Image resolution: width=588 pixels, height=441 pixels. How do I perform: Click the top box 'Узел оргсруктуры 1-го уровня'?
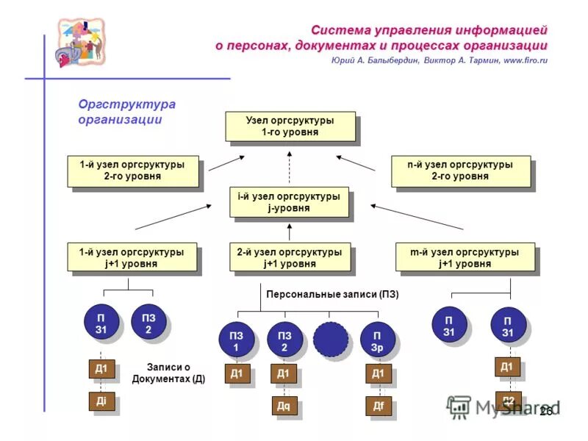290,126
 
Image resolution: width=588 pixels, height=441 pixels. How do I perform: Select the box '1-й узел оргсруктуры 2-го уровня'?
132,171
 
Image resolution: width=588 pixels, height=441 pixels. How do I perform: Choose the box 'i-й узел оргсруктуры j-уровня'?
288,202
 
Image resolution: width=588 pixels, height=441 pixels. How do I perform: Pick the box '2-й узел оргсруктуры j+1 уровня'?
289,257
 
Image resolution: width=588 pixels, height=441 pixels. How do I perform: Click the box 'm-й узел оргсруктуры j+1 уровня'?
465,257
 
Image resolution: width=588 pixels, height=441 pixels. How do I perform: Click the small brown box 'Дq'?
284,406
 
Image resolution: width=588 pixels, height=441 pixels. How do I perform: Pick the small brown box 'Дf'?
378,406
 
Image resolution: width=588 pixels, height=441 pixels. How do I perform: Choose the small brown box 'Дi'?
101,401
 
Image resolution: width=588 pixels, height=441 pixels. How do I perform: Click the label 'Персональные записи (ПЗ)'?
332,295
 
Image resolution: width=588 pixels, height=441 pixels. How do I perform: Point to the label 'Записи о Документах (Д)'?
168,373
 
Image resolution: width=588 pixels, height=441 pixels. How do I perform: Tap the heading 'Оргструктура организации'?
126,112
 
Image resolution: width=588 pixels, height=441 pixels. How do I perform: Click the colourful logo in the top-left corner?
81,43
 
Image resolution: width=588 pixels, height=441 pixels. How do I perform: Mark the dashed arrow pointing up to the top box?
289,165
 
